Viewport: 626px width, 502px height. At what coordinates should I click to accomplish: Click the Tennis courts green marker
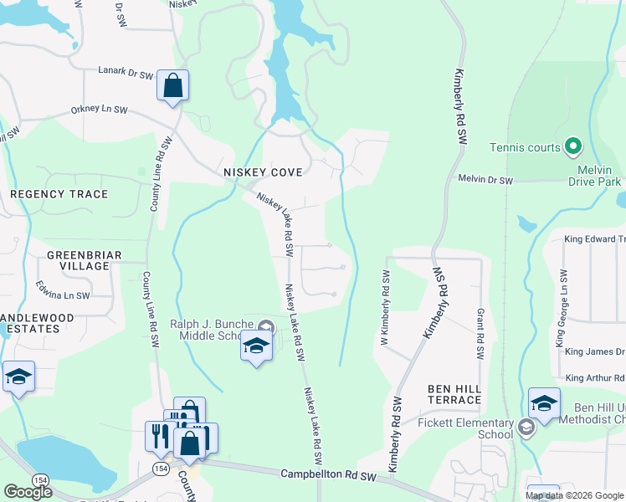click(x=573, y=147)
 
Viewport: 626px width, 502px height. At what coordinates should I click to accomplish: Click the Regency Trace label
click(x=59, y=194)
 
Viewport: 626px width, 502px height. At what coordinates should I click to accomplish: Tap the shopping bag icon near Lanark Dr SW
click(x=172, y=86)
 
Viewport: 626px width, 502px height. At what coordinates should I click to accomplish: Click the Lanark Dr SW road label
click(x=126, y=74)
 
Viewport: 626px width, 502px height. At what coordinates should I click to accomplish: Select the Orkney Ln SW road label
click(x=99, y=110)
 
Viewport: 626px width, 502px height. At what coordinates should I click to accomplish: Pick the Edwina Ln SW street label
click(x=63, y=295)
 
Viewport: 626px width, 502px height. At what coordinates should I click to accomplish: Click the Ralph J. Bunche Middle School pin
click(x=266, y=326)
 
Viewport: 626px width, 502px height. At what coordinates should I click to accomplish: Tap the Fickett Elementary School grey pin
click(x=526, y=428)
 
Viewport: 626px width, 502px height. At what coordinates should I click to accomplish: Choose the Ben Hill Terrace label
click(x=454, y=394)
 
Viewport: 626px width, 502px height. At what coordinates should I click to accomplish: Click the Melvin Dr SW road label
click(x=485, y=179)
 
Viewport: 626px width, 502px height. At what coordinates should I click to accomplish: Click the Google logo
click(x=28, y=492)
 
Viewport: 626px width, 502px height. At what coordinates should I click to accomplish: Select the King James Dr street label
click(x=595, y=352)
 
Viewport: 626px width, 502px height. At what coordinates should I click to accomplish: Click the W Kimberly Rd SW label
click(x=386, y=310)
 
